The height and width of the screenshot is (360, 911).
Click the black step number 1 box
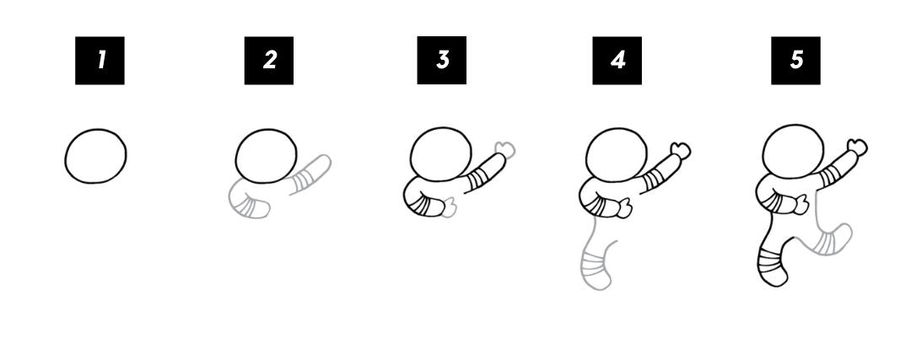[100, 60]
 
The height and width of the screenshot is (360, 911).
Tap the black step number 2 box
[269, 60]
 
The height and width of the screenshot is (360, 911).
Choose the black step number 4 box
[617, 60]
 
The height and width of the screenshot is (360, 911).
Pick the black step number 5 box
[796, 60]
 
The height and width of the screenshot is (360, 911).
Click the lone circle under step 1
[96, 156]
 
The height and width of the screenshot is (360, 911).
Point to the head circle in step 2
[267, 155]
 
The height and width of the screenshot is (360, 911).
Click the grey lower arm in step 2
[248, 202]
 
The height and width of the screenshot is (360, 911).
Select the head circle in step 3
[439, 154]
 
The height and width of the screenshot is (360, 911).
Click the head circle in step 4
[615, 154]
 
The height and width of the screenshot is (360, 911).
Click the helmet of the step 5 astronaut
[793, 151]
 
